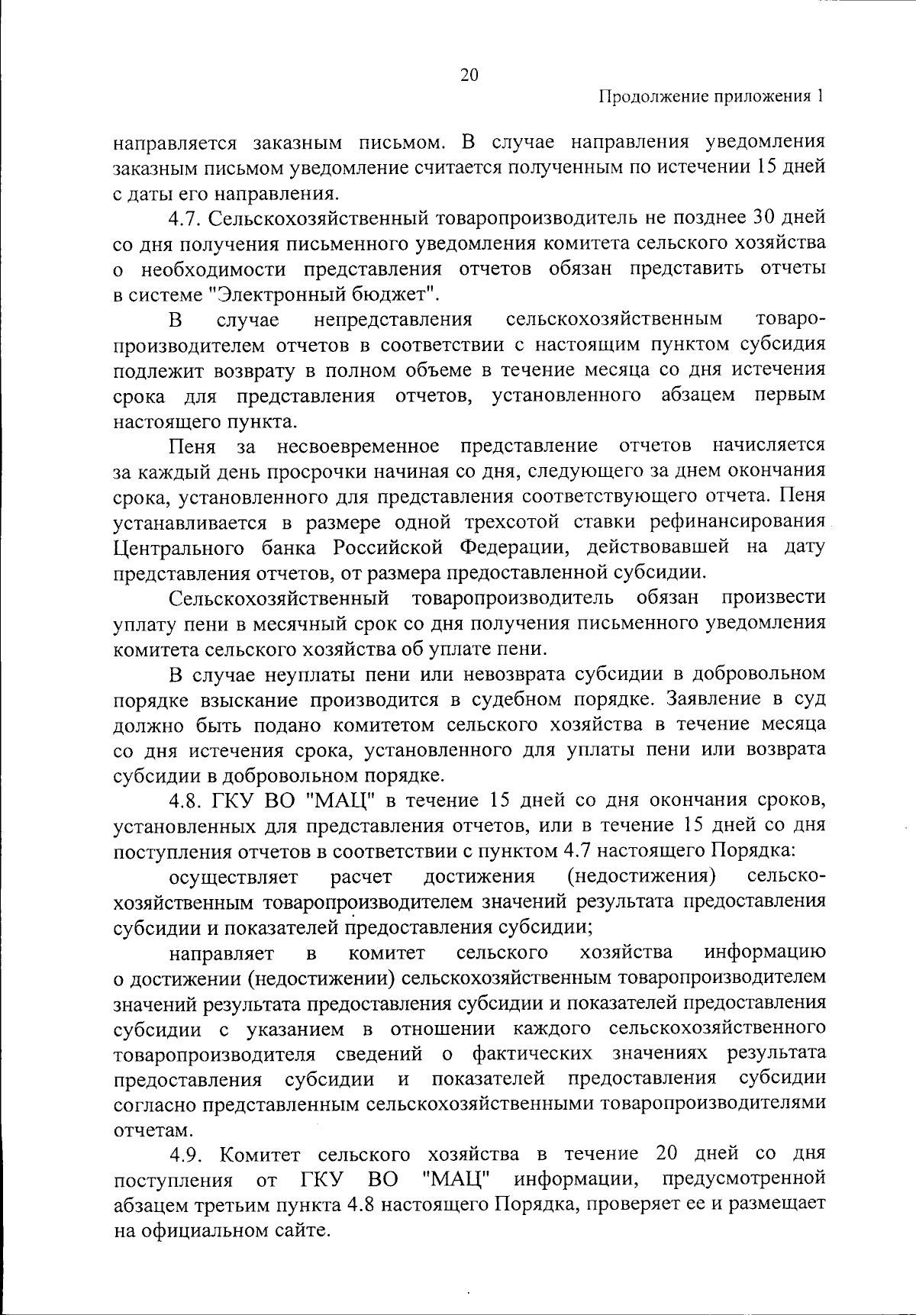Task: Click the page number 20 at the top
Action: (469, 75)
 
